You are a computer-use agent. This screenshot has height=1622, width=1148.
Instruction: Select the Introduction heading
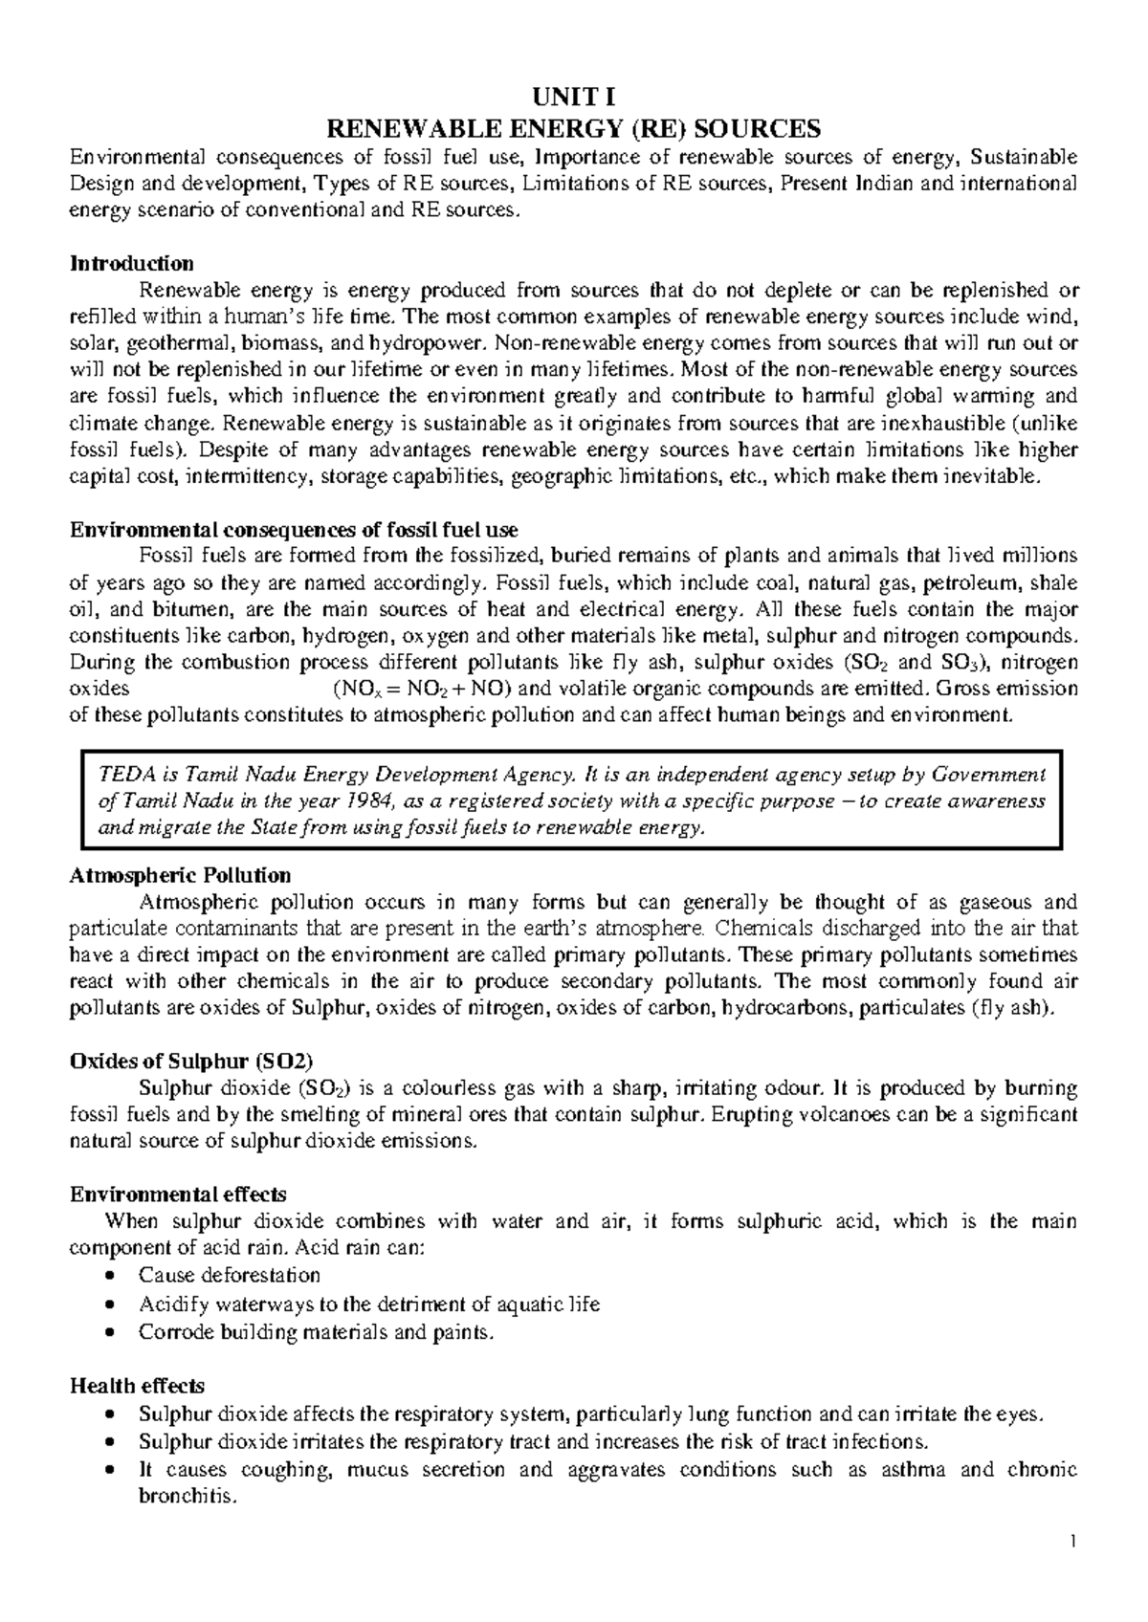[132, 263]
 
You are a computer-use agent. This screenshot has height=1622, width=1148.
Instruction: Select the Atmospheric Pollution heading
[181, 875]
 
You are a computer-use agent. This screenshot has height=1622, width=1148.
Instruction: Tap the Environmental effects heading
[178, 1195]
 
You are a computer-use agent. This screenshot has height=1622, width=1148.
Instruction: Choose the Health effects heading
[137, 1386]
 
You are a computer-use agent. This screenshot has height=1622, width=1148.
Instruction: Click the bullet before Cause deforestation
[114, 1276]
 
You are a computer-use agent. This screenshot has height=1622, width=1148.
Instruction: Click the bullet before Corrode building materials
[114, 1331]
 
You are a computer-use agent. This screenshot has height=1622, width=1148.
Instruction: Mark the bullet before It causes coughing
[114, 1470]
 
